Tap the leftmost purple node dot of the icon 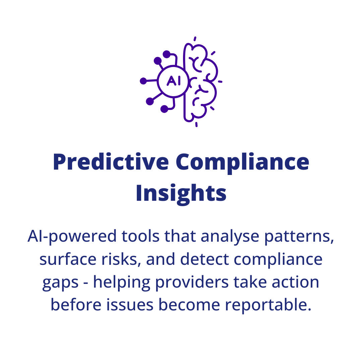click(x=143, y=81)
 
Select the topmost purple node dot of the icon click(x=167, y=54)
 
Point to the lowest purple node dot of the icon click(x=164, y=109)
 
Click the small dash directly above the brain click(x=195, y=39)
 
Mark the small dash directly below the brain click(x=196, y=124)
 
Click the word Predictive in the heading click(x=111, y=162)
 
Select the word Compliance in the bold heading click(x=242, y=162)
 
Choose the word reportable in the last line click(x=267, y=305)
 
